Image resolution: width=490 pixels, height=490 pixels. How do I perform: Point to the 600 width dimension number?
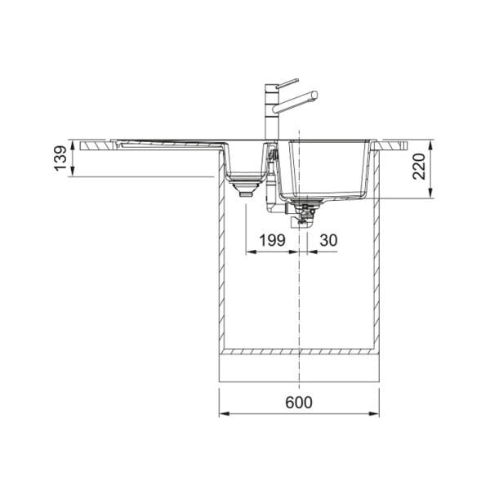(298, 403)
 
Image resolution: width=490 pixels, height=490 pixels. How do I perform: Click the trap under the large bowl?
(304, 214)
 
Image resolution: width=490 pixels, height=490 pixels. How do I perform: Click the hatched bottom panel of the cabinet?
(298, 353)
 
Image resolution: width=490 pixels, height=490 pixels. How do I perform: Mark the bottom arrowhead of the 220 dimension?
(430, 197)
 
